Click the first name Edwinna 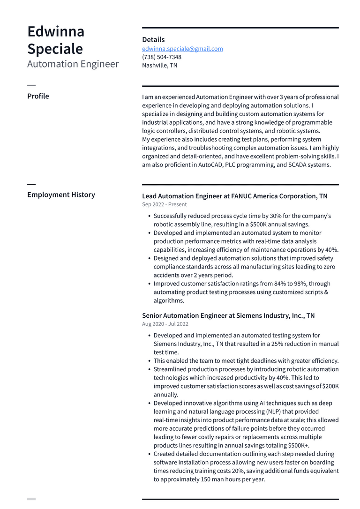(x=56, y=31)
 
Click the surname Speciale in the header (x=55, y=49)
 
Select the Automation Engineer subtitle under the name (x=73, y=64)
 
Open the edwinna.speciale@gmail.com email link (x=182, y=49)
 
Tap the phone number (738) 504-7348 (x=162, y=57)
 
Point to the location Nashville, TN (x=159, y=66)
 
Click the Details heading (x=153, y=40)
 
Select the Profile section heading (x=38, y=96)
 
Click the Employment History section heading (x=61, y=195)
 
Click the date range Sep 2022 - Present (x=164, y=204)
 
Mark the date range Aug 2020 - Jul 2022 (x=165, y=324)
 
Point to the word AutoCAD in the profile (x=210, y=165)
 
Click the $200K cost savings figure (x=330, y=386)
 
